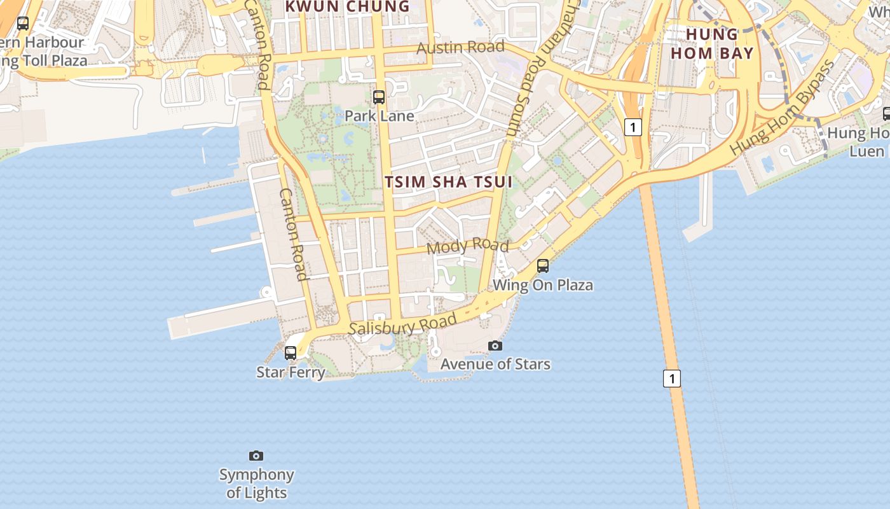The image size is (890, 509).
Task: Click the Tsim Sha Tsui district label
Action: (x=448, y=182)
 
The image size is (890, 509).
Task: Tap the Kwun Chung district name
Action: (x=347, y=6)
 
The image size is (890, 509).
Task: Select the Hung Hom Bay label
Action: (x=712, y=43)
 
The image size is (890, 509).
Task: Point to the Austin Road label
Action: (x=461, y=47)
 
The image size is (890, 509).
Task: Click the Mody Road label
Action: (x=468, y=246)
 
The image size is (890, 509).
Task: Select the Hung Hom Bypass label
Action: (x=783, y=108)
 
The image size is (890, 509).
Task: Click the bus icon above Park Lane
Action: (x=379, y=97)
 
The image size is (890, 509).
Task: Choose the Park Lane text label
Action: (x=379, y=116)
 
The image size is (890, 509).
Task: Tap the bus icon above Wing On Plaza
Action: (x=543, y=266)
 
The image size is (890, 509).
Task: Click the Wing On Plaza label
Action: (x=543, y=285)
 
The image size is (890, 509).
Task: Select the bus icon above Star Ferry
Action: (x=291, y=352)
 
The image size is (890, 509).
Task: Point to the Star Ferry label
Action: (x=291, y=372)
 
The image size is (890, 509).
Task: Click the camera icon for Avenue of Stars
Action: (x=495, y=345)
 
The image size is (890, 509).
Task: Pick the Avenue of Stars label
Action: (x=495, y=364)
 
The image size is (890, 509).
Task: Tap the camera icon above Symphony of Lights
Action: (x=256, y=456)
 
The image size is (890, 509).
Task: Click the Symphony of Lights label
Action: (x=257, y=484)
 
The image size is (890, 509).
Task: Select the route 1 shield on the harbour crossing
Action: (x=672, y=379)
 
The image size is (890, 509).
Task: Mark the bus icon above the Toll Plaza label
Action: (x=23, y=24)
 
